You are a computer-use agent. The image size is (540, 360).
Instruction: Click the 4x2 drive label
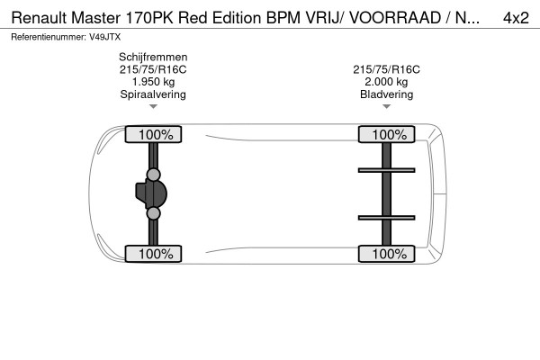[515, 17]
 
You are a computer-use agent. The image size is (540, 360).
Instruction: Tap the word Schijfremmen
[153, 56]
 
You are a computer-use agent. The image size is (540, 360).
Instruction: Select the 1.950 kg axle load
[153, 81]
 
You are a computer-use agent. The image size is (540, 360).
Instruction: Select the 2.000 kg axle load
[387, 81]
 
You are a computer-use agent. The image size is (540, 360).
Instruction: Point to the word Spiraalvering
[153, 94]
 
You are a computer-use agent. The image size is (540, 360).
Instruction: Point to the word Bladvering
[387, 94]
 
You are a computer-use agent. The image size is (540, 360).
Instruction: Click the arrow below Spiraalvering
[153, 106]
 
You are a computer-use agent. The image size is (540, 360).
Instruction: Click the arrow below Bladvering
[387, 106]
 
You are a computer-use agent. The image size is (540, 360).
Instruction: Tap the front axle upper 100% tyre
[155, 134]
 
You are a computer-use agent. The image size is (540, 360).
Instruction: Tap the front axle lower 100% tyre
[155, 254]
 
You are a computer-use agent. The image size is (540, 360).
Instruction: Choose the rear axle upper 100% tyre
[389, 134]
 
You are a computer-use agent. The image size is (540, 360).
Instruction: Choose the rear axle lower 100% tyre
[389, 254]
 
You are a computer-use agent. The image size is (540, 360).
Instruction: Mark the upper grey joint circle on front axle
[153, 174]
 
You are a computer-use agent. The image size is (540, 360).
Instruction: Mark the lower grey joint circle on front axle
[153, 213]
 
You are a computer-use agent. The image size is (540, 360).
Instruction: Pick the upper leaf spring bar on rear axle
[387, 169]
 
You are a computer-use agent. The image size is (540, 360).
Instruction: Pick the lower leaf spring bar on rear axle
[387, 217]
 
